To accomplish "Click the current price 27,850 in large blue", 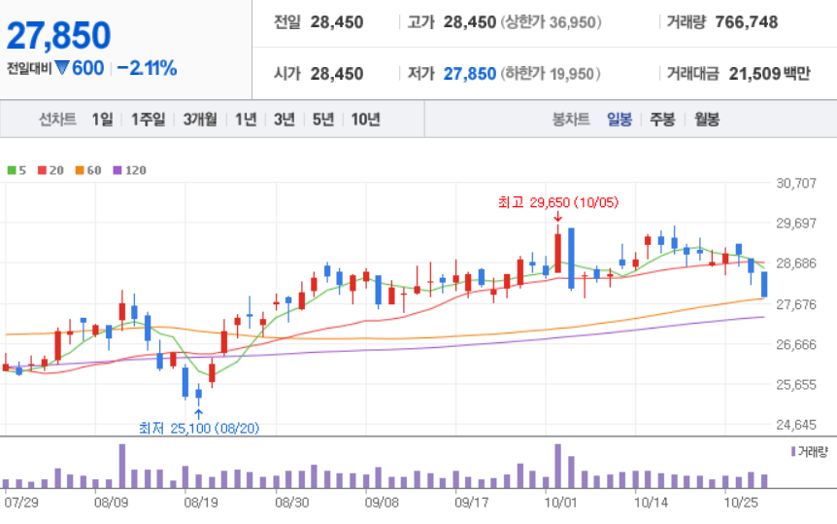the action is click(x=58, y=36).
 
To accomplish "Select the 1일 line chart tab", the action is click(x=103, y=119).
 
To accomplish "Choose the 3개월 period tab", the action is click(x=200, y=119).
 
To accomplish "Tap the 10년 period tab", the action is click(x=366, y=119).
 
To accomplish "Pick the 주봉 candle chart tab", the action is click(x=662, y=119).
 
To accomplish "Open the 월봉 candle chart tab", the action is click(x=707, y=119).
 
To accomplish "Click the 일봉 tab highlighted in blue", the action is click(x=619, y=119).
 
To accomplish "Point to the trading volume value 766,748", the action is click(x=747, y=22).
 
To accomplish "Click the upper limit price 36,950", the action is click(x=572, y=22).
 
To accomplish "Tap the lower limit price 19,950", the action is click(x=572, y=74).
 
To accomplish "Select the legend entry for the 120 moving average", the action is click(x=130, y=170).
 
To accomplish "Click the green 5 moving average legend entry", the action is click(x=17, y=170).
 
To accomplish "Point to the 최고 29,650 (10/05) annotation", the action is click(x=558, y=202).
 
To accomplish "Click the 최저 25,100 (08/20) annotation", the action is click(x=199, y=428).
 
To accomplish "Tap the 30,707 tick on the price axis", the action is click(x=796, y=184).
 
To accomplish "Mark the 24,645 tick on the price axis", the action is click(x=796, y=425).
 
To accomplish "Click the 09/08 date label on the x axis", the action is click(x=382, y=503).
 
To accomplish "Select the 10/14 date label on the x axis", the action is click(x=651, y=503).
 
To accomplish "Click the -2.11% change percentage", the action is click(x=147, y=68).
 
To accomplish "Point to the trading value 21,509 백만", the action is click(x=769, y=73).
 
